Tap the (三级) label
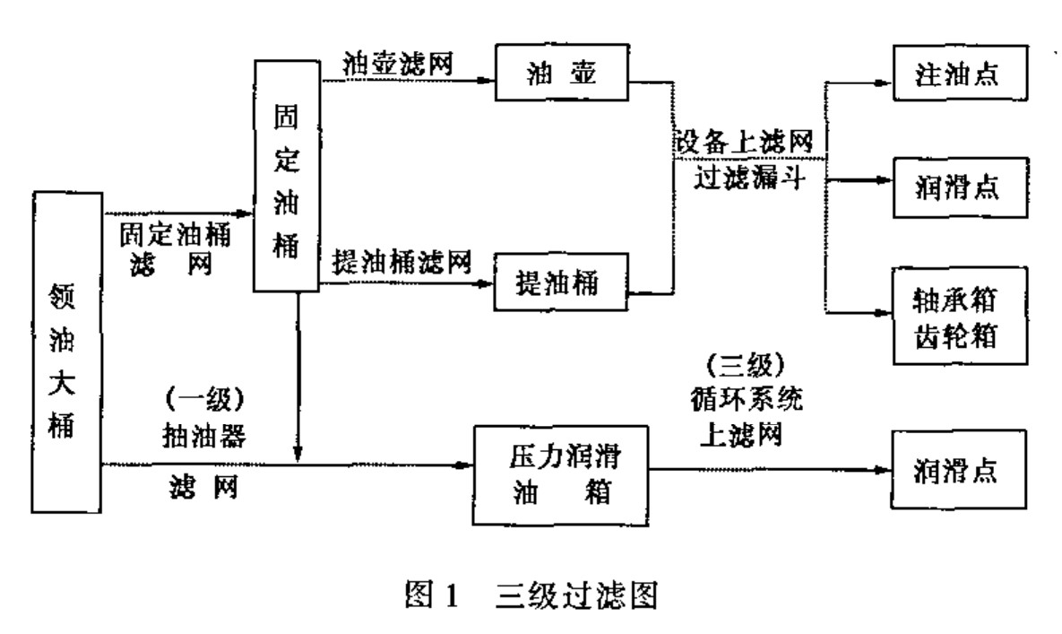[744, 365]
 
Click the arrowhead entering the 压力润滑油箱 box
[464, 465]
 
